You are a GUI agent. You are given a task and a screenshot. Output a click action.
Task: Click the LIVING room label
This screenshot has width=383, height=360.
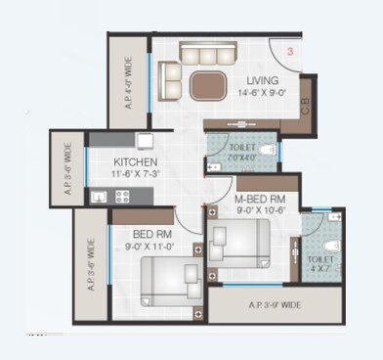[x=261, y=80]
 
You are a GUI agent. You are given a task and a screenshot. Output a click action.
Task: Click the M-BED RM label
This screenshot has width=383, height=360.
[x=259, y=196]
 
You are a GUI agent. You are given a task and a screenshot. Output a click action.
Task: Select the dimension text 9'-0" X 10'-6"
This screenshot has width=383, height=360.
[x=258, y=207]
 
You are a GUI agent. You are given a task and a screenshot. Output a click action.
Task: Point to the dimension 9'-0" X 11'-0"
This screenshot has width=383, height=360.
[x=152, y=247]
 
